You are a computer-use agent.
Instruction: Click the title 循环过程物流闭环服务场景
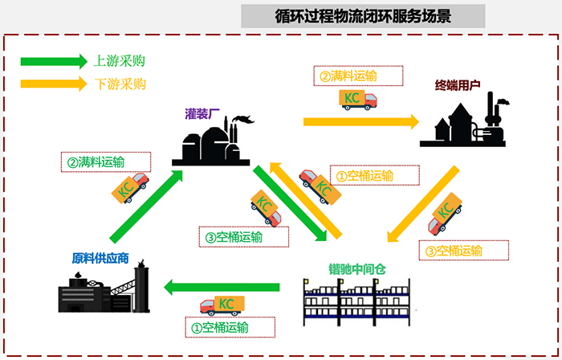[363, 15]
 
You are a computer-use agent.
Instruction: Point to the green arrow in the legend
[53, 61]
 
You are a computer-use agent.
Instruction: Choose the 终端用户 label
[458, 84]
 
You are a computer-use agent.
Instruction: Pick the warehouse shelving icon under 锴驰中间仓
[357, 303]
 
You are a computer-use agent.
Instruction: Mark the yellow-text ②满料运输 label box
[348, 76]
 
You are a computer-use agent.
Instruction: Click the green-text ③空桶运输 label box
[241, 237]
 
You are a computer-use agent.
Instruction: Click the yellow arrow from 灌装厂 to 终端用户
[360, 122]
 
